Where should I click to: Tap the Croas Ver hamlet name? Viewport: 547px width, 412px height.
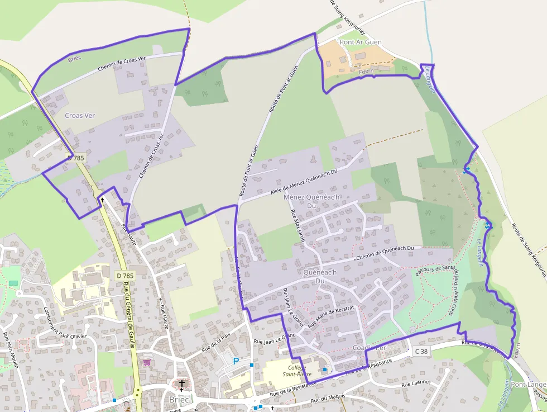coord(80,116)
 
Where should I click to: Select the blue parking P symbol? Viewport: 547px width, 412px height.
coord(236,361)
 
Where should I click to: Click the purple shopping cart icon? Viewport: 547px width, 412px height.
coord(147,362)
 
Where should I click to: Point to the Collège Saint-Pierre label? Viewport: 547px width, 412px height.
coord(297,371)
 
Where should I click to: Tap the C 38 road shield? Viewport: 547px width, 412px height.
coord(421,352)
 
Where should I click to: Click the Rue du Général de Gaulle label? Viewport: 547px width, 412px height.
coord(129,316)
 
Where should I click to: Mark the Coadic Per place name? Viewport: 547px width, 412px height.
coord(370,347)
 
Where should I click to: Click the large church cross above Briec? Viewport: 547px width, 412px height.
coord(181,384)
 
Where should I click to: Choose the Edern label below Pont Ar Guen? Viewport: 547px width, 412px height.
coord(366,71)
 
